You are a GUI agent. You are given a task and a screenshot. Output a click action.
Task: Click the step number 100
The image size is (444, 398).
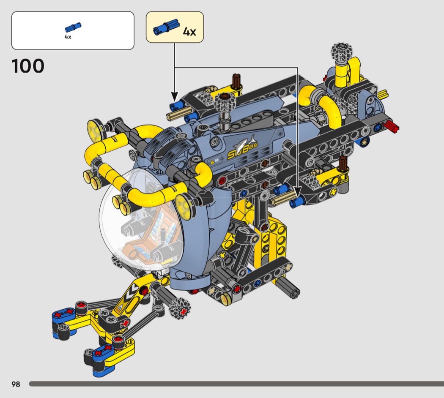(28, 66)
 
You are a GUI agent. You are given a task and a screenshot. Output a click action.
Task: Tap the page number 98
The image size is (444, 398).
(16, 384)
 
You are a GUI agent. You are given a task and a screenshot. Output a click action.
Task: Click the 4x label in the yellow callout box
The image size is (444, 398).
(189, 31)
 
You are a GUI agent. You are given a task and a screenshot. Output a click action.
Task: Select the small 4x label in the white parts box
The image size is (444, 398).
(68, 37)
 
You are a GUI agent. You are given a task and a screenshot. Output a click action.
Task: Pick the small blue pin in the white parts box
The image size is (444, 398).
(73, 27)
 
